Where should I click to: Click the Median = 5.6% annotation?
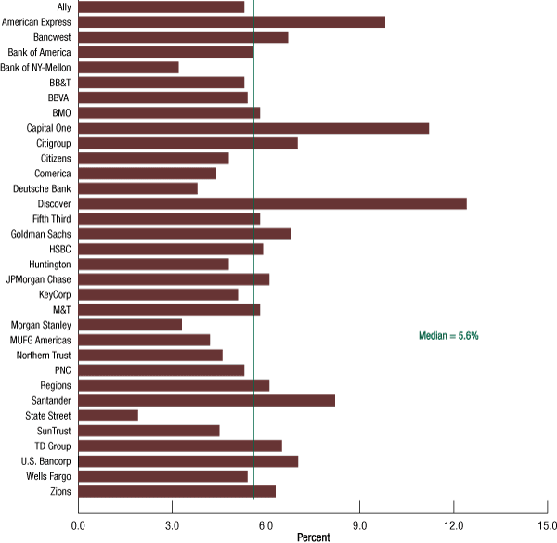point(448,335)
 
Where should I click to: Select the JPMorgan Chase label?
point(39,279)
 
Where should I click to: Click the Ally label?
point(63,7)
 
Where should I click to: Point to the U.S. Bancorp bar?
point(188,460)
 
